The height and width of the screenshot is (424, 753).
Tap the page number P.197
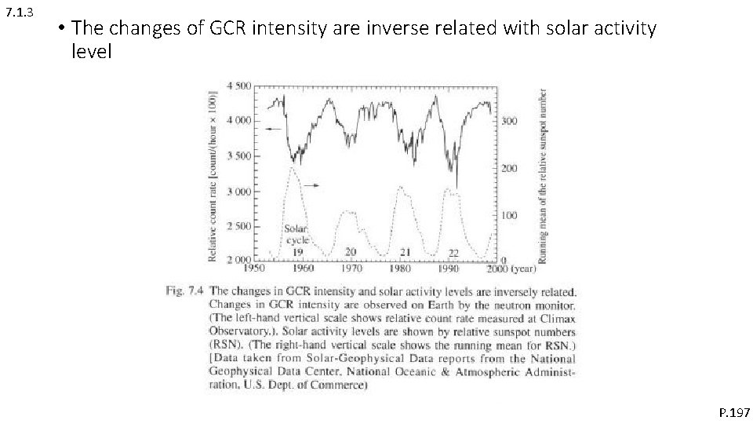coord(734,411)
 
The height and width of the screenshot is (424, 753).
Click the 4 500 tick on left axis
coord(238,86)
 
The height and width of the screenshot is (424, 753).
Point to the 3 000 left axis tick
coord(238,192)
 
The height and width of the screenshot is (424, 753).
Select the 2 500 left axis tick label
coord(238,227)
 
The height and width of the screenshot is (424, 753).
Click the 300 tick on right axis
coord(510,122)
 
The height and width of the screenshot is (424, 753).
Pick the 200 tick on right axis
coord(510,169)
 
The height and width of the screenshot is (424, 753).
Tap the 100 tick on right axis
coord(510,215)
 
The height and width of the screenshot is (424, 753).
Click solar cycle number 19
coord(298,252)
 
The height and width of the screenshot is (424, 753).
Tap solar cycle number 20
coord(351,252)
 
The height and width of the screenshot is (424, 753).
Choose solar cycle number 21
coord(406,252)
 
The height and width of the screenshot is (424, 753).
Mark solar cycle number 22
coord(453,253)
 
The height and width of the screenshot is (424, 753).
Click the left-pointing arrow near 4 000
coord(272,129)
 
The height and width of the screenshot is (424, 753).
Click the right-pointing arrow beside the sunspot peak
coord(311,185)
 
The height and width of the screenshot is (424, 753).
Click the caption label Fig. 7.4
coord(186,291)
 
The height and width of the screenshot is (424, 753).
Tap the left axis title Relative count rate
coord(212,173)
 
